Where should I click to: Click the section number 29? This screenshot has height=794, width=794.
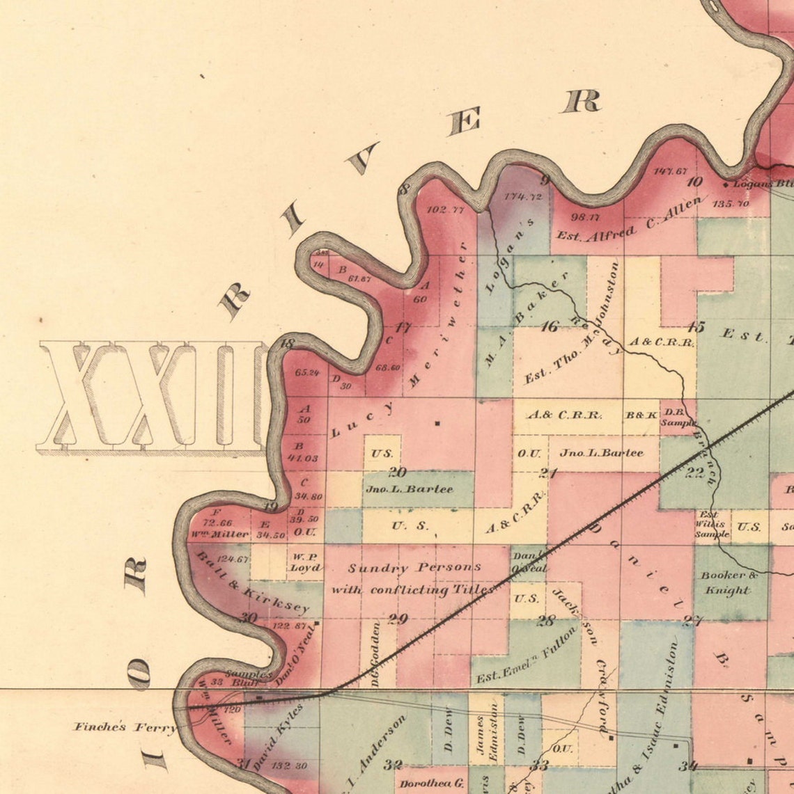click(397, 619)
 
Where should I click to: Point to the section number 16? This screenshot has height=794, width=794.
click(550, 326)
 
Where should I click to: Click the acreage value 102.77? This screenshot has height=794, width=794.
click(446, 209)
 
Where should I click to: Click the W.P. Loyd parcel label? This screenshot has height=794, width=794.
click(305, 562)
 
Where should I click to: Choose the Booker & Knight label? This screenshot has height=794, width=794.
click(728, 582)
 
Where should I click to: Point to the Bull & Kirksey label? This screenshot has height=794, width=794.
click(253, 583)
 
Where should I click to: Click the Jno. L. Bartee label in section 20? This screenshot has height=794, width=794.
click(410, 489)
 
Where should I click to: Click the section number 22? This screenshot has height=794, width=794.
click(694, 473)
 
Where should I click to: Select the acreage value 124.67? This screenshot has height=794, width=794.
click(233, 559)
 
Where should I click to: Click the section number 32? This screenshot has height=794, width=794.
click(393, 765)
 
